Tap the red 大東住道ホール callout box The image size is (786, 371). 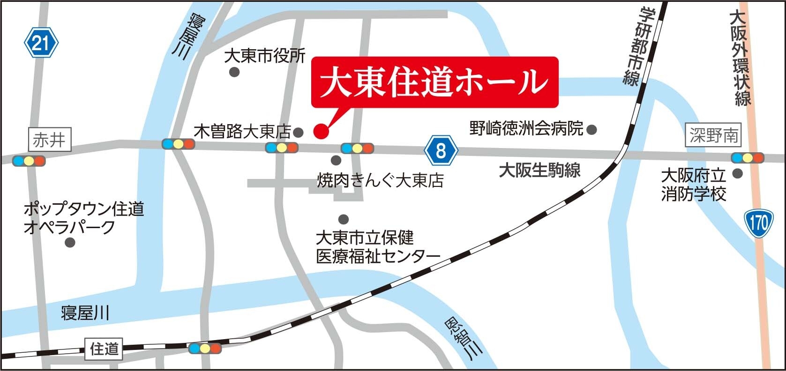point(435,82)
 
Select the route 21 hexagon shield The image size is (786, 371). point(41,44)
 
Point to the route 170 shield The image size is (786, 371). point(758,224)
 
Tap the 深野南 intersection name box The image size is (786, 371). point(713,136)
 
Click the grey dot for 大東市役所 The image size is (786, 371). point(234,72)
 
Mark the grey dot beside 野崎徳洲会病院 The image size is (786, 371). point(592,128)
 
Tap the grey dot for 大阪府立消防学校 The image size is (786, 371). point(737,174)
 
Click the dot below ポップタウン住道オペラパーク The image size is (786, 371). point(70,242)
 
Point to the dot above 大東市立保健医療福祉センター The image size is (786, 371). point(344,219)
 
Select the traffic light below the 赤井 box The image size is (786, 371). point(29,161)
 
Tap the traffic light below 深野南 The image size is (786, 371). point(748,158)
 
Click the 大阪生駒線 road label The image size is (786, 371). point(539,170)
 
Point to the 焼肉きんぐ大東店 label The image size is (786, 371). point(380,180)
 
